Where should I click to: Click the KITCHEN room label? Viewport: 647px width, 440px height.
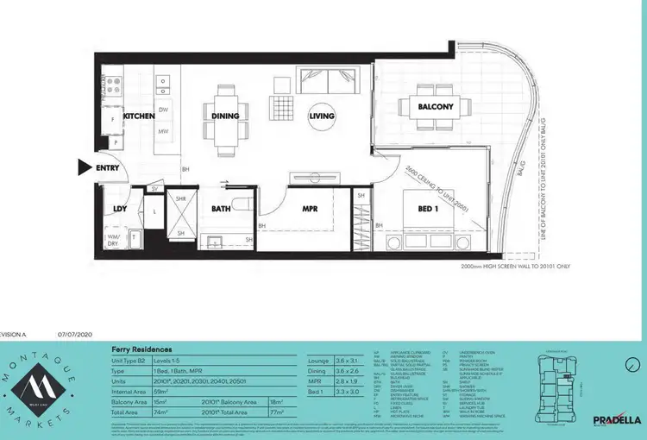tap(138, 116)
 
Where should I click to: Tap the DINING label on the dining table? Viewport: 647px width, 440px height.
tap(226, 116)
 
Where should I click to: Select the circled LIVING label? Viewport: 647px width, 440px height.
tap(322, 116)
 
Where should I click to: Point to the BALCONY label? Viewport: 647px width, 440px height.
tap(436, 107)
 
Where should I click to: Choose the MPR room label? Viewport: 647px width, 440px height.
tap(311, 209)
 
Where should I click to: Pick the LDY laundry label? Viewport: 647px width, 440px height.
tap(120, 209)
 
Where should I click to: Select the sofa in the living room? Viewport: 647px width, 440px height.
tap(324, 80)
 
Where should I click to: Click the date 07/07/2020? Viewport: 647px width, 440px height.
tap(77, 332)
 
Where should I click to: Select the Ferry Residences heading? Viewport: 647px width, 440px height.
tap(141, 349)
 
